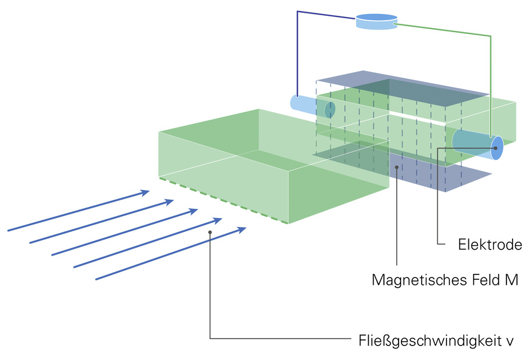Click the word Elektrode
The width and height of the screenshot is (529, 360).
[x=490, y=245]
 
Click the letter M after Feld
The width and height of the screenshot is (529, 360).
[x=511, y=280]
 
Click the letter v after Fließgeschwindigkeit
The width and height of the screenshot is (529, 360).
[x=510, y=339]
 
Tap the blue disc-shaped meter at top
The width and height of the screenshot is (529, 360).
[x=376, y=21]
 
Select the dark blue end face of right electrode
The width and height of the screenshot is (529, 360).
[x=497, y=148]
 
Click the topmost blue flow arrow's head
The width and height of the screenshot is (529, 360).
[x=145, y=192]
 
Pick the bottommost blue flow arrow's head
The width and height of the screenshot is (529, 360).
[x=242, y=229]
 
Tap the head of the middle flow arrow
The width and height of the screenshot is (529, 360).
[x=194, y=211]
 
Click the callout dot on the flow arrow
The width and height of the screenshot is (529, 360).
[x=210, y=232]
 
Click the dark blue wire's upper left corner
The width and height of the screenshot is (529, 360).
[x=297, y=12]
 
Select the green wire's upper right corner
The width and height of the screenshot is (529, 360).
[x=490, y=36]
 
